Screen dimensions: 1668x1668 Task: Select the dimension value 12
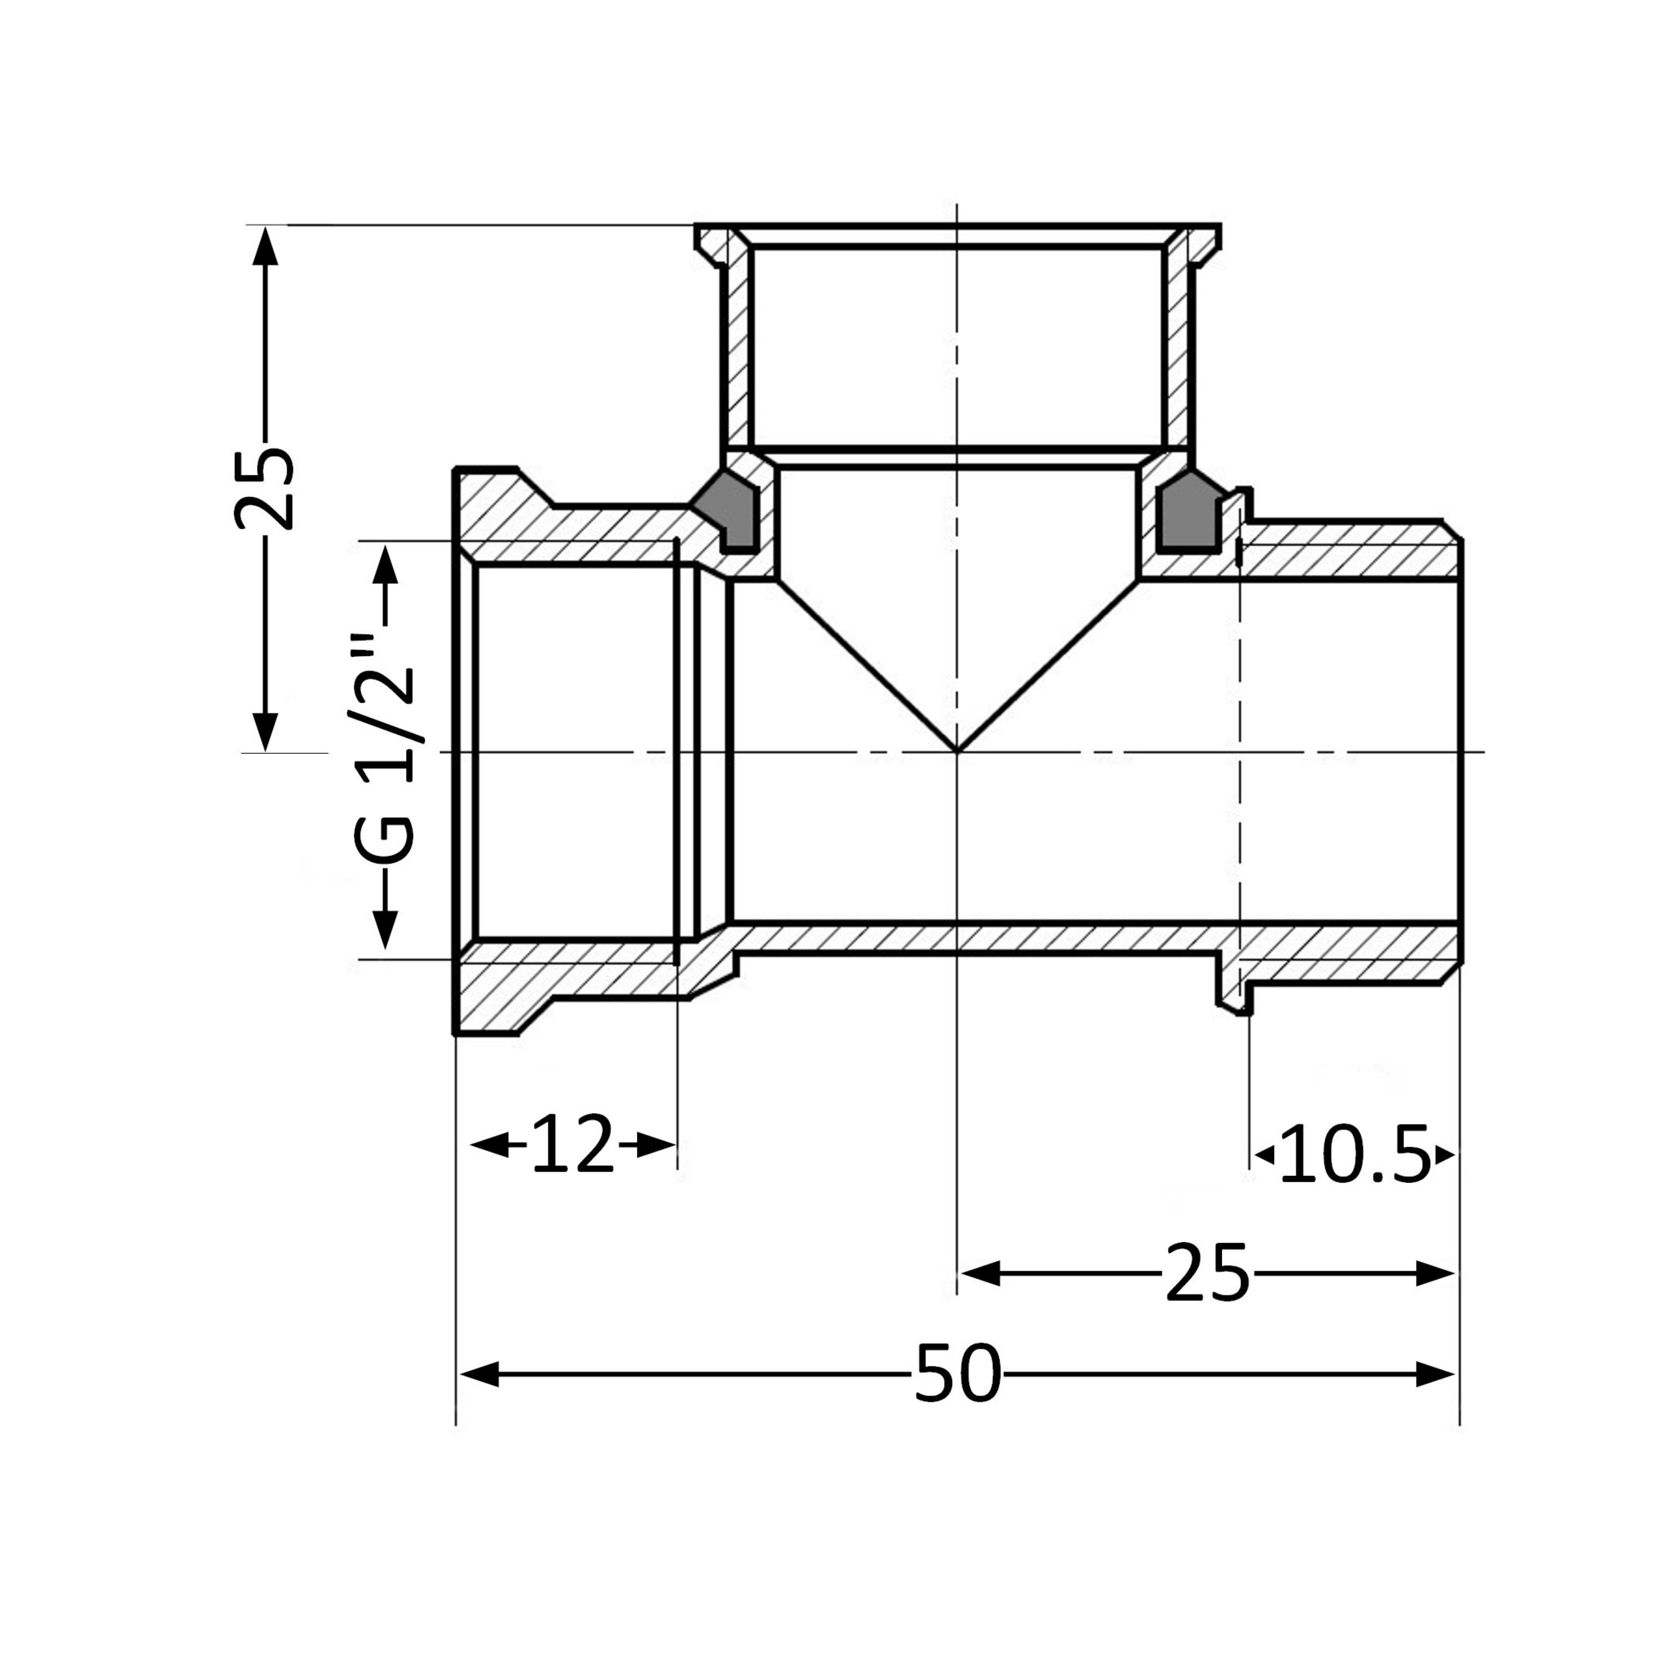[573, 1145]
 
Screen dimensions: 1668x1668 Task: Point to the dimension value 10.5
[1354, 1154]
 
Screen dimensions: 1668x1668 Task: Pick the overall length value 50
[958, 1374]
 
